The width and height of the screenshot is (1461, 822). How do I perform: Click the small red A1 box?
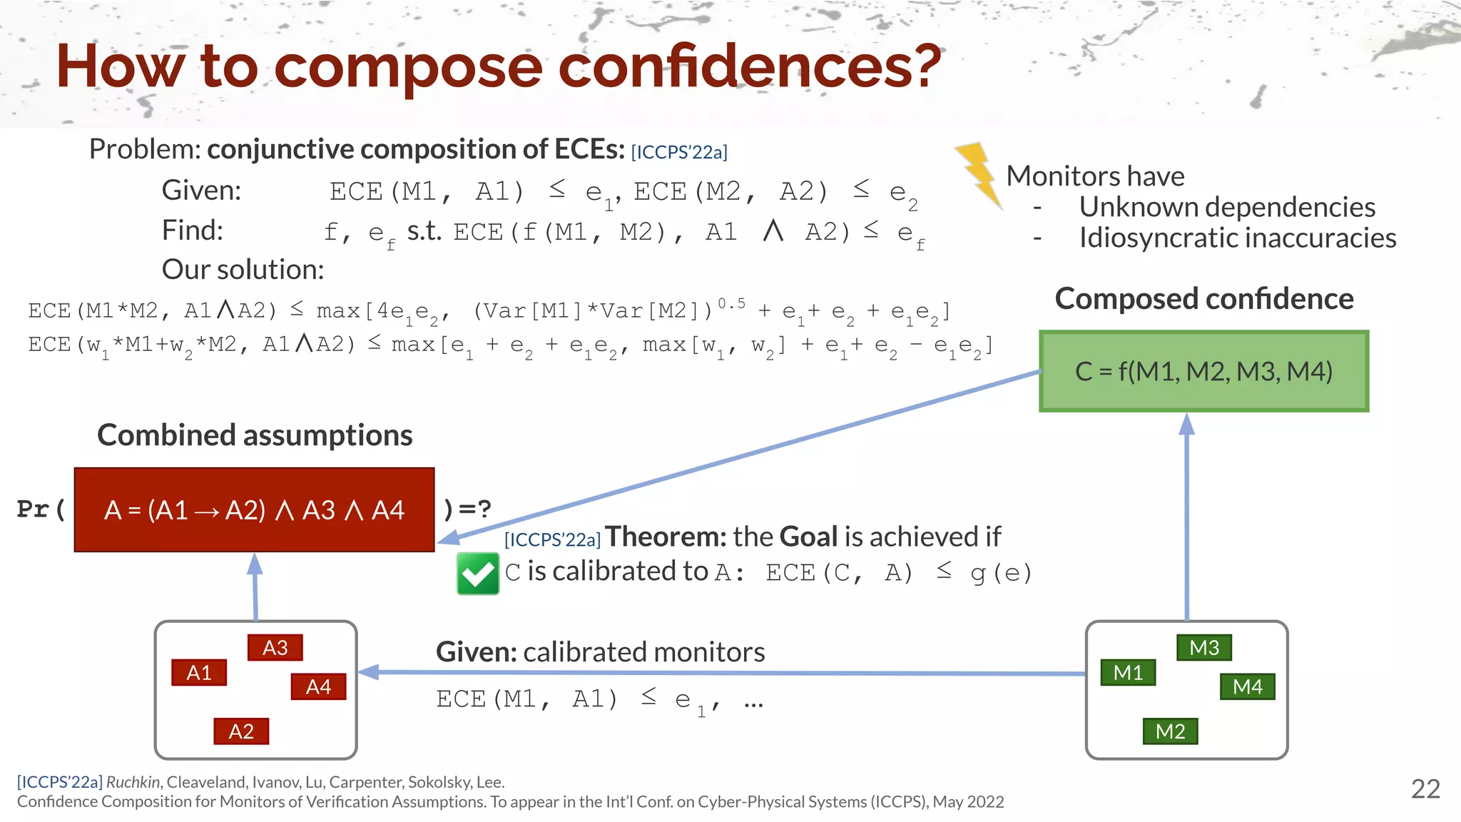[199, 672]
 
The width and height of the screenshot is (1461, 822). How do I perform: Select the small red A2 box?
[241, 731]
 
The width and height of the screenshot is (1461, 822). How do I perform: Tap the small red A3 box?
[275, 647]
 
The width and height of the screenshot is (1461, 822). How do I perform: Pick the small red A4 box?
[318, 686]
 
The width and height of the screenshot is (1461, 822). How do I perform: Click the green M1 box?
[1128, 672]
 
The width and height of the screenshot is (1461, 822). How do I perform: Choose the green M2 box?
[1170, 731]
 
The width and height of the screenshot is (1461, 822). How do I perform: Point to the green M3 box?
[1204, 647]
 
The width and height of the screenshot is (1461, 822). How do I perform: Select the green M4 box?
[1247, 686]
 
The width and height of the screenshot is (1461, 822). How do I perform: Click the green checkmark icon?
[477, 574]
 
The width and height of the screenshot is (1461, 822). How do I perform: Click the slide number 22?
[1425, 788]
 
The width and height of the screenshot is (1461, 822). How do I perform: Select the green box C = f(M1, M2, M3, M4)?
[1203, 371]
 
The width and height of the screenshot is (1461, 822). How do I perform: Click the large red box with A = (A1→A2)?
[254, 509]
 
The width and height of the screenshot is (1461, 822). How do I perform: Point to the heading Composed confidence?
[1203, 298]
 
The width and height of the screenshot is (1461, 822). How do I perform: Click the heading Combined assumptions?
[255, 435]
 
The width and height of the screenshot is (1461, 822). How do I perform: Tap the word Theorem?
[665, 537]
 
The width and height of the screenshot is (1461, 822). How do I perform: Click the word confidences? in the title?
[749, 66]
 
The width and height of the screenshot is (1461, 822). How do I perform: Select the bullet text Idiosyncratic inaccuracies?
[1237, 238]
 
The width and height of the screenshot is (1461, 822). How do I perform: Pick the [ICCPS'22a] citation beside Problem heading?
[679, 152]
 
